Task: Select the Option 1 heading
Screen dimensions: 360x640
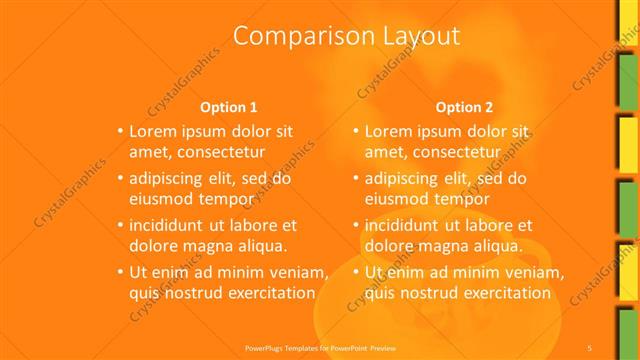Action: pyautogui.click(x=229, y=107)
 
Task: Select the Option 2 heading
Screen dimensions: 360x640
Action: pyautogui.click(x=465, y=107)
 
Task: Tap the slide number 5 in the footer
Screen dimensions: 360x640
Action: pyautogui.click(x=591, y=347)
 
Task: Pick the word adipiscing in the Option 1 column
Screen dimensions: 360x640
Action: pyautogui.click(x=171, y=179)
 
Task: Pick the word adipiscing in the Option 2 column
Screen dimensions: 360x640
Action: pyautogui.click(x=407, y=179)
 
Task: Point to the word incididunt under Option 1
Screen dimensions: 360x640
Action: pyautogui.click(x=171, y=226)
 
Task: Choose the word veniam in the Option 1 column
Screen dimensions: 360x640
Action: pyautogui.click(x=297, y=273)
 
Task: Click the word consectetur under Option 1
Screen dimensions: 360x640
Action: pyautogui.click(x=216, y=151)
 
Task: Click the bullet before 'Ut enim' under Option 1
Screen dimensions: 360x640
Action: pyautogui.click(x=120, y=273)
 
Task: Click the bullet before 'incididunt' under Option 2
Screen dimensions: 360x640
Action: pyautogui.click(x=356, y=226)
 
